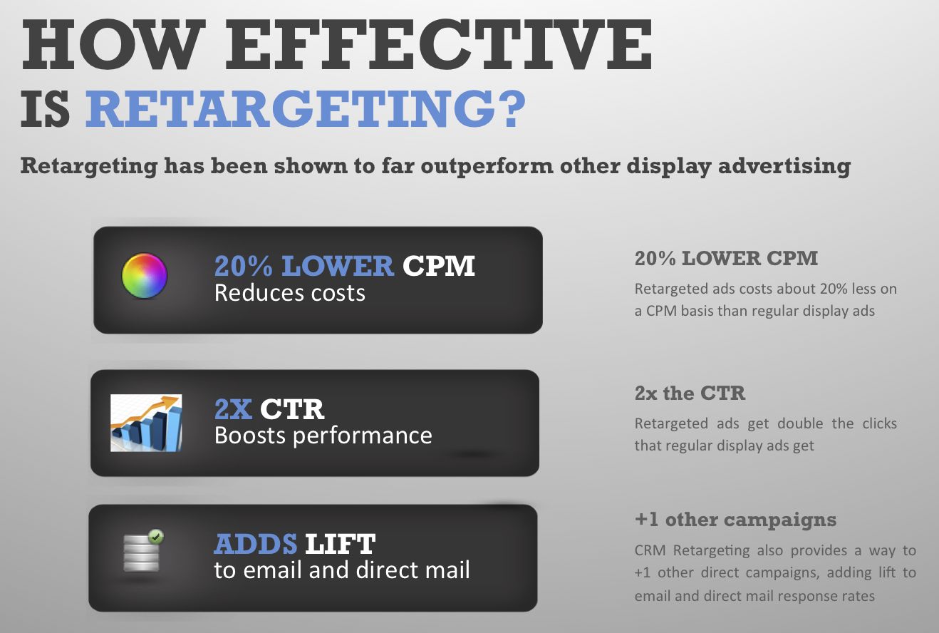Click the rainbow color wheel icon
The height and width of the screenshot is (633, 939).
[x=145, y=276]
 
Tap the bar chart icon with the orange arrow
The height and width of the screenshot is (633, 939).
[x=146, y=423]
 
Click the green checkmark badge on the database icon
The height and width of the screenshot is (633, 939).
[x=156, y=536]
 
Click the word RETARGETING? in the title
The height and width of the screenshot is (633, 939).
[x=306, y=108]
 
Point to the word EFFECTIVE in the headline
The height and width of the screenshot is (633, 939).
[x=439, y=44]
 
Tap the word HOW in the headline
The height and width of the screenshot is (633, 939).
[x=113, y=44]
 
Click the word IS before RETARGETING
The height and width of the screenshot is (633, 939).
[x=46, y=108]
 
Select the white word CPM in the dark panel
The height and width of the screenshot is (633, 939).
[x=439, y=266]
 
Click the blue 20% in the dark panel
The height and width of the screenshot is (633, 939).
[x=244, y=266]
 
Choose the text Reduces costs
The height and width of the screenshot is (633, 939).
[x=290, y=293]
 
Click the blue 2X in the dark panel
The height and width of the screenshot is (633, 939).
[x=233, y=409]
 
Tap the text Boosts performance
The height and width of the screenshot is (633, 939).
[x=323, y=436]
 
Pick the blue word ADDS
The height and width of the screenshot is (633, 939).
[x=256, y=544]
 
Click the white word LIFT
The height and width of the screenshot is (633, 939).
[x=341, y=544]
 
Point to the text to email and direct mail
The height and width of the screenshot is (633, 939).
[x=342, y=570]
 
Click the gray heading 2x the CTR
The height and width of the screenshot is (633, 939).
[x=690, y=393]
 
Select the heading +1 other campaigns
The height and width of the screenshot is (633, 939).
[x=736, y=520]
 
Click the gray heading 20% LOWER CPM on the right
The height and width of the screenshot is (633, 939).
[x=726, y=258]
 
